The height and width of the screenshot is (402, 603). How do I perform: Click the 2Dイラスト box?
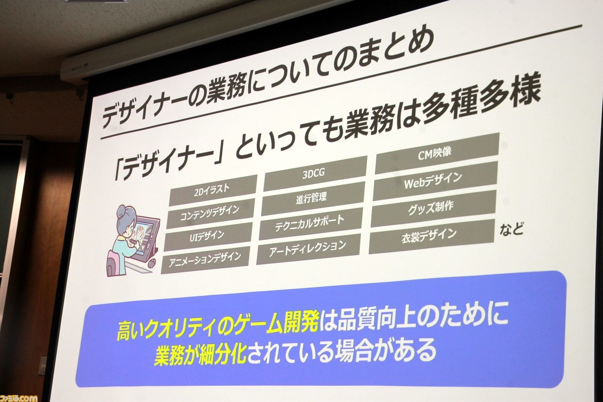[212, 190]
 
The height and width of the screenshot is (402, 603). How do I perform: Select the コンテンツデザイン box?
[210, 213]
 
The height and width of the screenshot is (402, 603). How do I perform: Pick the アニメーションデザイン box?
[205, 260]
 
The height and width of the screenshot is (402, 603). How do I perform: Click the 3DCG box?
[315, 173]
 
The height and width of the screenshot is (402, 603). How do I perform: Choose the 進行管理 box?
[312, 198]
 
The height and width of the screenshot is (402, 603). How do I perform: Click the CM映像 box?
[437, 154]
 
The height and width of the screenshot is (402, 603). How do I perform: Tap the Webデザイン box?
[434, 181]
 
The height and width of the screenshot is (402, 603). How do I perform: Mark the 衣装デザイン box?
[431, 236]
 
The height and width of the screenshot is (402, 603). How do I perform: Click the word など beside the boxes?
[512, 229]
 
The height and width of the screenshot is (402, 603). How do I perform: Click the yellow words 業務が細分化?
[201, 354]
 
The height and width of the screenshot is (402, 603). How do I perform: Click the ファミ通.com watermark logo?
[19, 398]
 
